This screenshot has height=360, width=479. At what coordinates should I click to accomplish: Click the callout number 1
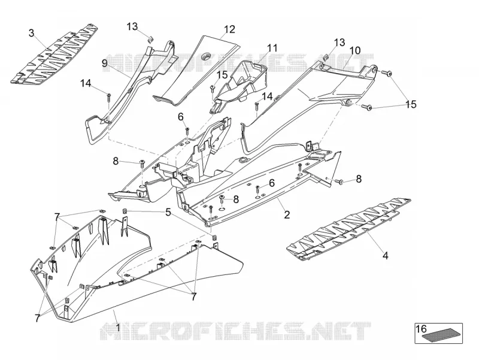[117, 328]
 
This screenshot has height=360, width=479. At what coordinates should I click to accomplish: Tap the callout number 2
[287, 215]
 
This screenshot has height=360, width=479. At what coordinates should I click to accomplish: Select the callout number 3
[32, 33]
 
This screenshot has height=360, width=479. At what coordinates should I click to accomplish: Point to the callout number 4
[386, 256]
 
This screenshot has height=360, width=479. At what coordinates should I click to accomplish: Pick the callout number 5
[168, 212]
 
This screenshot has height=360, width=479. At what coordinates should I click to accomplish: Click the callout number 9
[105, 63]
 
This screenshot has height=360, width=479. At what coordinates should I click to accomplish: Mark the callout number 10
[355, 50]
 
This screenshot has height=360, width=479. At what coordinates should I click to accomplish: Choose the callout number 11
[272, 48]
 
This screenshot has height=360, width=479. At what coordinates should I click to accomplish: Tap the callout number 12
[229, 29]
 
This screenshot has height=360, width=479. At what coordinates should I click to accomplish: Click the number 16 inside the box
[422, 329]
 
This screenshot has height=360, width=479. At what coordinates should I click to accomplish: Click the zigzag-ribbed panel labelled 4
[348, 229]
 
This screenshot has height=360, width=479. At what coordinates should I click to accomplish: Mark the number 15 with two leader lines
[411, 104]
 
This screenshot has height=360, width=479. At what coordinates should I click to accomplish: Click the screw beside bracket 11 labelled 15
[213, 88]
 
